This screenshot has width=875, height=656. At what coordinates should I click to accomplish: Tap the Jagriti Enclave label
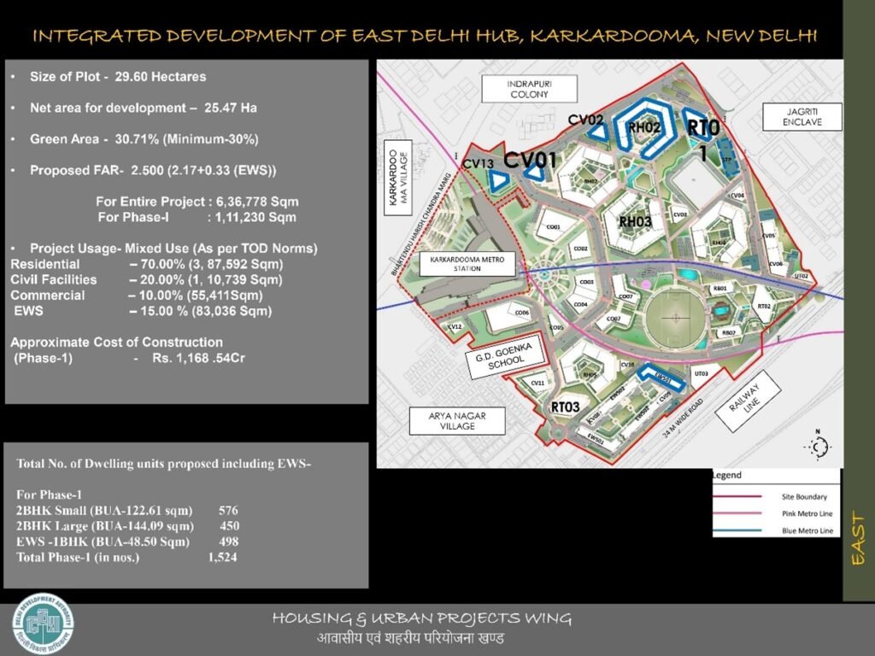coord(802,117)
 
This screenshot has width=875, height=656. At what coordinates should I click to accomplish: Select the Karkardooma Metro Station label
coord(467,263)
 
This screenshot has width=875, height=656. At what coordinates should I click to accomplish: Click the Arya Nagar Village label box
coord(458,420)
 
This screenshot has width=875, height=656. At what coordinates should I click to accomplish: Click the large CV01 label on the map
coord(530,160)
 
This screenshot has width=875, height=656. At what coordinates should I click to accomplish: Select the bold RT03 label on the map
coord(566,407)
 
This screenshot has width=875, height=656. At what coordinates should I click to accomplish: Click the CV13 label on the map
coord(478,163)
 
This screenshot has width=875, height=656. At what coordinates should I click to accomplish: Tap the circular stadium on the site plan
coord(676,324)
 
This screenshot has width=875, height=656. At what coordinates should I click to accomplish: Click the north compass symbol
coord(818,445)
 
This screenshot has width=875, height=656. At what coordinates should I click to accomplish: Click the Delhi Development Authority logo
coord(43,622)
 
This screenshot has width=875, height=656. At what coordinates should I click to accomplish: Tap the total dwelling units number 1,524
coord(222,558)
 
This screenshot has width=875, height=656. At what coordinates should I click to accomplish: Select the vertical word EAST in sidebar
coord(859,538)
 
